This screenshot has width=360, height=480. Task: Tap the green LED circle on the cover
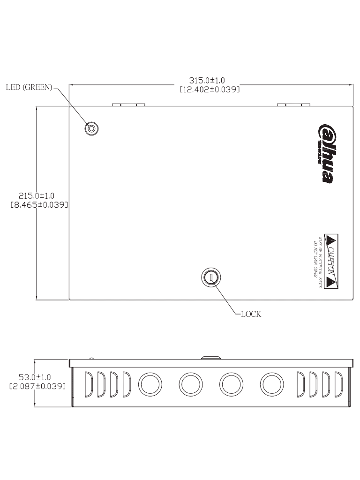91,128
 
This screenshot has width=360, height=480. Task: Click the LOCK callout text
251,314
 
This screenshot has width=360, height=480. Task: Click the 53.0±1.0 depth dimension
37,377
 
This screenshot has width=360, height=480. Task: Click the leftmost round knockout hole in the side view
149,383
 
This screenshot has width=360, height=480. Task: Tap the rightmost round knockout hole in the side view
270,383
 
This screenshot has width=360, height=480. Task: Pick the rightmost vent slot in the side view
338,383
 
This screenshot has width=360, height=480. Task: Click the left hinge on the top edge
128,105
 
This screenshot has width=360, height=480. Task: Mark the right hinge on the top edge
293,105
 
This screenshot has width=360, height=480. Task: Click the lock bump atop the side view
210,357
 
